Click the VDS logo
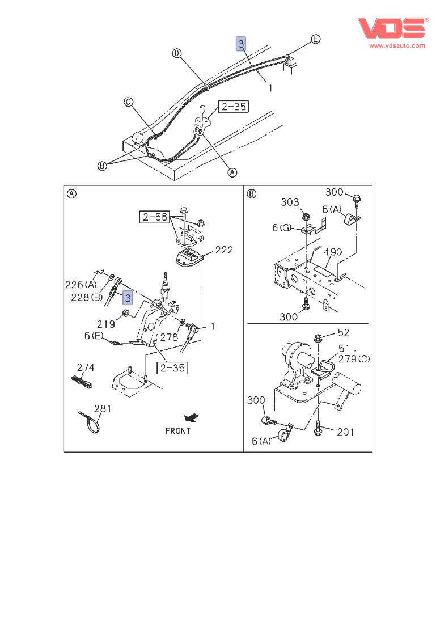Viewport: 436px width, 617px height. coord(391,28)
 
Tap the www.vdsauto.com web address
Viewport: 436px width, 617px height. coord(397,45)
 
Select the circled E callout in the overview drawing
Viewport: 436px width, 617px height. coord(316,39)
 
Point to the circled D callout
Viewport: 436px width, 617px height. coord(177,53)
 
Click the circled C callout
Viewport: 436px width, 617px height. coord(129,102)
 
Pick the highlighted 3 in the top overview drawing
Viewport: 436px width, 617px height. coord(241,44)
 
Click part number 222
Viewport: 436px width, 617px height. coord(223,250)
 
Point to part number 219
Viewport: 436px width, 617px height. coord(105,324)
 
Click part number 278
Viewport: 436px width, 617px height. coord(168,337)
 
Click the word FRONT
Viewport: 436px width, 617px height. coord(177,430)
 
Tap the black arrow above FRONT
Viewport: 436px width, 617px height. coord(194,418)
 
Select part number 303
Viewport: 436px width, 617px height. coord(289,202)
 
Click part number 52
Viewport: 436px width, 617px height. coord(343,333)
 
